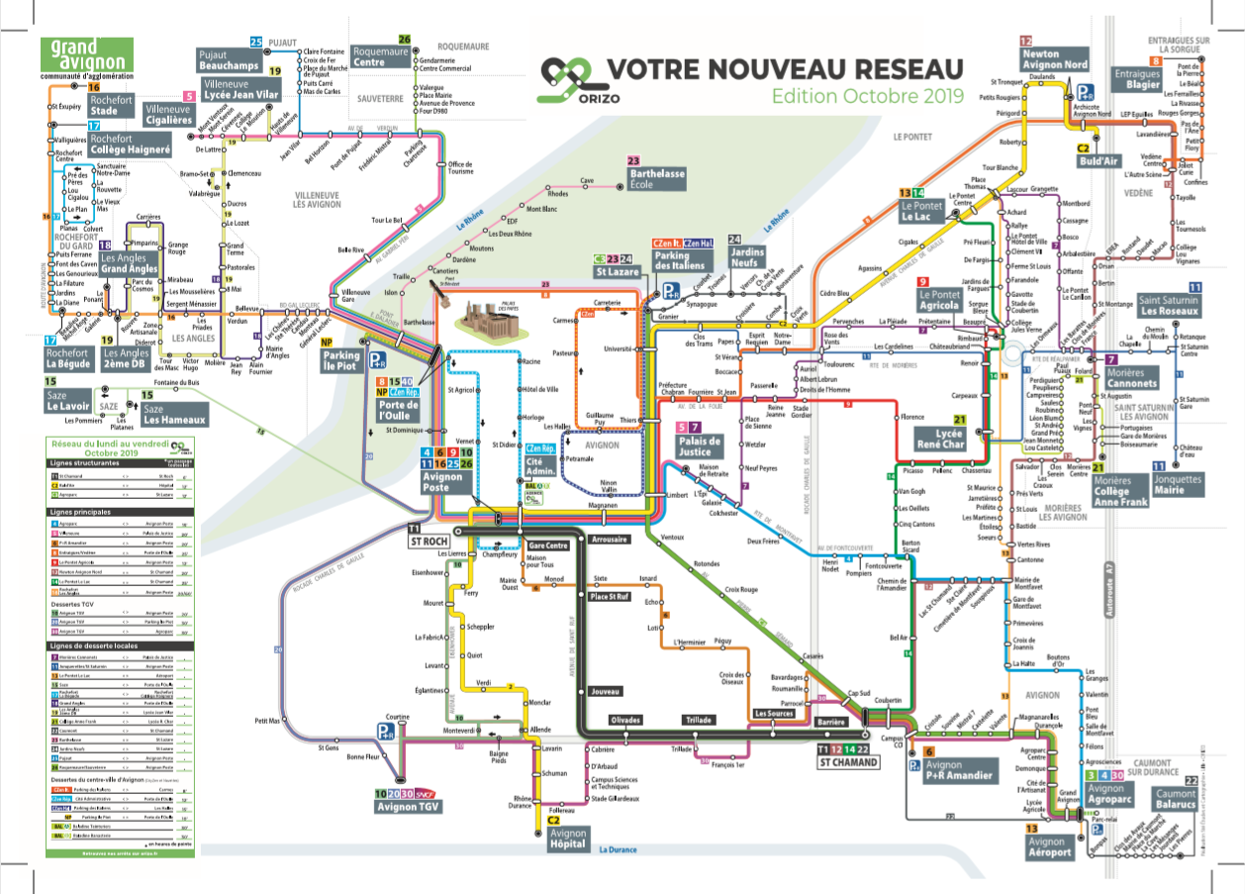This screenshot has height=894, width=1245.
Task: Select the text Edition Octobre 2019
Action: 868,96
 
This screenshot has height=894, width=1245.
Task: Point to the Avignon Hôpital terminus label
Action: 567,840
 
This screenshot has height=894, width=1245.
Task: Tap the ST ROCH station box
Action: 429,541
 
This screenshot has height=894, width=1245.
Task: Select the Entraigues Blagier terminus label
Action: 1138,79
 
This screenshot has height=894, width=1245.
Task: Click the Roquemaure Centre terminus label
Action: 382,55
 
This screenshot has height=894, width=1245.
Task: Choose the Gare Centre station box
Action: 547,546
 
